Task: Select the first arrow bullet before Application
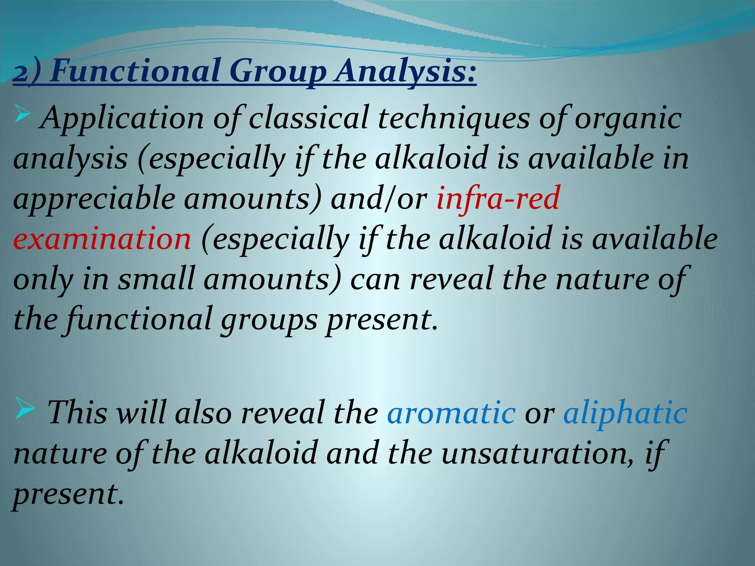coord(22,116)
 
